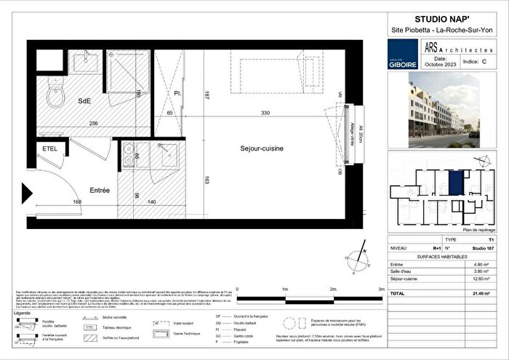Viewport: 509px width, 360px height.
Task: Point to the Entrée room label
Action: pyautogui.click(x=100, y=190)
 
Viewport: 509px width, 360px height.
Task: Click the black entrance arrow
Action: pyautogui.click(x=26, y=193)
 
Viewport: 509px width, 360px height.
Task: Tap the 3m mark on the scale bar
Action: pyautogui.click(x=380, y=288)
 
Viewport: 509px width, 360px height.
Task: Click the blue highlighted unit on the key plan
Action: pyautogui.click(x=455, y=182)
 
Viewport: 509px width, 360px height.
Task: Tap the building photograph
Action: pyautogui.click(x=443, y=108)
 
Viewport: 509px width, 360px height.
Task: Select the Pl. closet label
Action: pyautogui.click(x=177, y=94)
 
